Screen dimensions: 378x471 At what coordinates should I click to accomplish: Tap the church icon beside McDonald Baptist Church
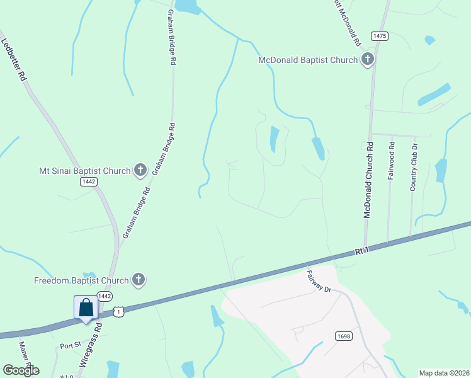368,60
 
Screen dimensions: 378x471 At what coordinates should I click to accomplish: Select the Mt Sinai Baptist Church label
84,170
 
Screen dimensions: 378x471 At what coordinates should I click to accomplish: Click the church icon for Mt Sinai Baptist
140,170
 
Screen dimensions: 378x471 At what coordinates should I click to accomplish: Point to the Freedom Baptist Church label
82,280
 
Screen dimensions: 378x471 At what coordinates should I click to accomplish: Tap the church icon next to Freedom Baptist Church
139,280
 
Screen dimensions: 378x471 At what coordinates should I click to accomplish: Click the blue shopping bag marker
86,309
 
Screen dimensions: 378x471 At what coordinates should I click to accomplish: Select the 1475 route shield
379,37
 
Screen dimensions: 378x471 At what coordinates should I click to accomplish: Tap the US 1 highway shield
118,312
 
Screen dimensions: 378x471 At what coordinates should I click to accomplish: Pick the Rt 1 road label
361,250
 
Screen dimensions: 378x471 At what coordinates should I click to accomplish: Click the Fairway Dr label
319,280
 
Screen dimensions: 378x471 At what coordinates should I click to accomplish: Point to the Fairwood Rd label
392,161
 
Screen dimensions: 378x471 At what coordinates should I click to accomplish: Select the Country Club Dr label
414,166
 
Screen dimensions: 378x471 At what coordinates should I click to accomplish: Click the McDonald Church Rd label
369,180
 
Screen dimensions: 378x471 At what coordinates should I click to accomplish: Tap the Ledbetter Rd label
14,59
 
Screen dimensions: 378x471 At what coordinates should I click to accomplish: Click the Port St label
71,346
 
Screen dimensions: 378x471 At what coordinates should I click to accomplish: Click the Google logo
21,370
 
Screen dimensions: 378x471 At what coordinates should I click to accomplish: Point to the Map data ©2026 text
444,373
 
